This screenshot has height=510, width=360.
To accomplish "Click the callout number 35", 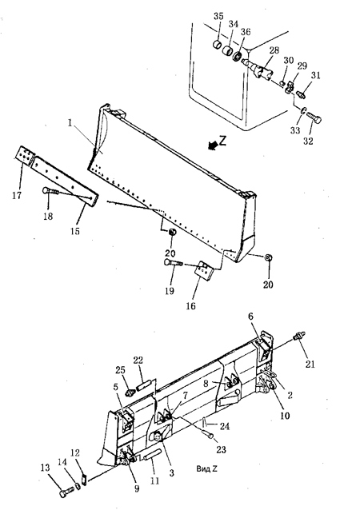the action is pyautogui.click(x=218, y=16).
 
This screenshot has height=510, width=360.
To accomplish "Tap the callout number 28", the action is pyautogui.click(x=274, y=50).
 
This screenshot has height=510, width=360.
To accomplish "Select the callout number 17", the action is pyautogui.click(x=17, y=195).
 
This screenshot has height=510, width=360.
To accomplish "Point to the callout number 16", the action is pyautogui.click(x=191, y=305).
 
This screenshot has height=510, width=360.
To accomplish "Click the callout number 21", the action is pyautogui.click(x=310, y=365).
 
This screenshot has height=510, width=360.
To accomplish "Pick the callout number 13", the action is pyautogui.click(x=46, y=468).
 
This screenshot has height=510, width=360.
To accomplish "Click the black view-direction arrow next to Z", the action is pyautogui.click(x=213, y=146).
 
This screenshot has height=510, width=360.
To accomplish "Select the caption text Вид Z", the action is pyautogui.click(x=206, y=468).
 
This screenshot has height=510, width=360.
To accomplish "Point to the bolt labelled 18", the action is pyautogui.click(x=50, y=191).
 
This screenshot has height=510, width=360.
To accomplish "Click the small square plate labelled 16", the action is pyautogui.click(x=205, y=270).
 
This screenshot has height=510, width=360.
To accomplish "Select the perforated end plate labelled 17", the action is pyautogui.click(x=25, y=155).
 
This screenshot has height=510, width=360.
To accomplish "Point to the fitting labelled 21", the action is pyautogui.click(x=299, y=336).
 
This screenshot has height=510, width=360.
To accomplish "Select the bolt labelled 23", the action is pyautogui.click(x=208, y=433).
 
